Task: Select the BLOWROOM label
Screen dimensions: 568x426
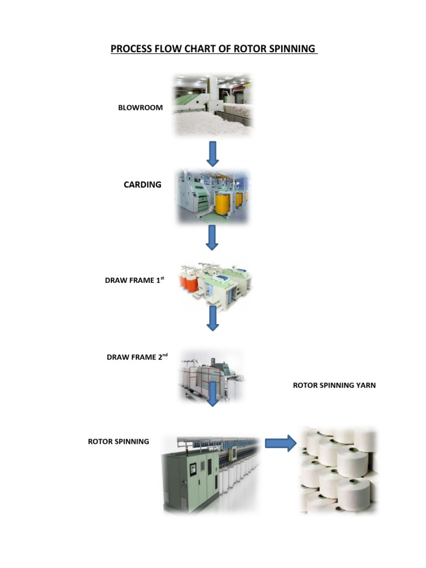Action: click(140, 108)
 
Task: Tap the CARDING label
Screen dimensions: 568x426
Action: click(143, 185)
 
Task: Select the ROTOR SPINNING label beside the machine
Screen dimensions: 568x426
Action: click(119, 442)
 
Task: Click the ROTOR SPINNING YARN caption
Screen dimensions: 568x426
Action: click(334, 385)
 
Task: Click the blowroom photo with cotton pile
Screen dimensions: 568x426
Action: click(214, 105)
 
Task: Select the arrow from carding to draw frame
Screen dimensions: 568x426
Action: click(212, 237)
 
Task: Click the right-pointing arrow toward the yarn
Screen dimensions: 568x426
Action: click(280, 443)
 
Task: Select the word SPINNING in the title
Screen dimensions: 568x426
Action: click(292, 49)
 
